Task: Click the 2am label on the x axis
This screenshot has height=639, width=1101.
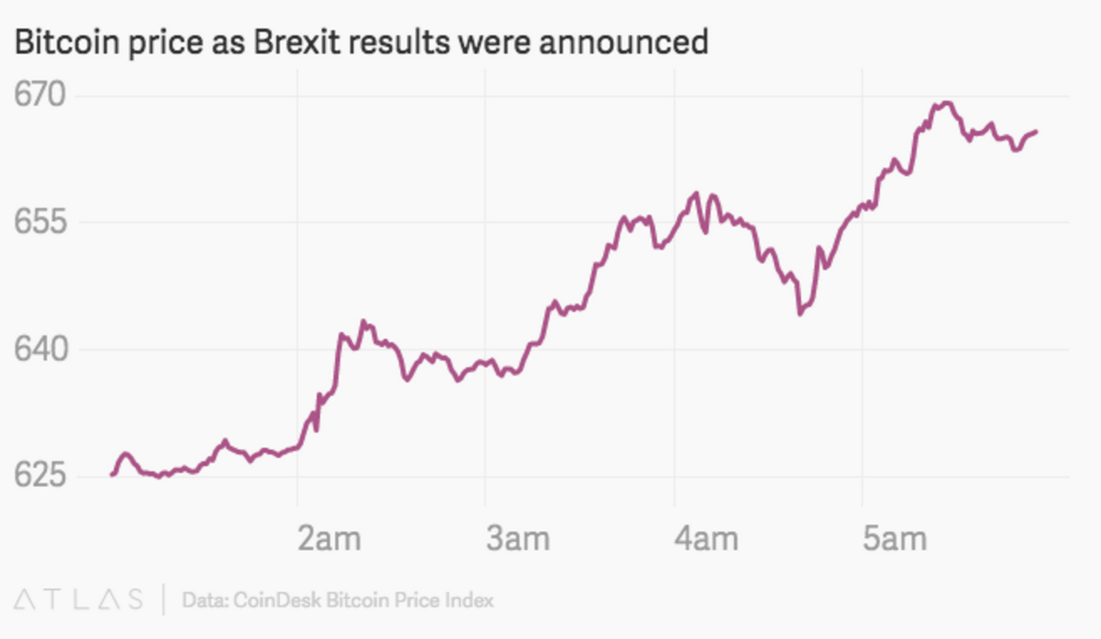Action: point(330,539)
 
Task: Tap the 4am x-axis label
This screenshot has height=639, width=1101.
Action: point(706,539)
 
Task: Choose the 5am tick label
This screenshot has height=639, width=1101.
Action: point(895,539)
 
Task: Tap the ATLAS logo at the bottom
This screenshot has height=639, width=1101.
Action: point(78,600)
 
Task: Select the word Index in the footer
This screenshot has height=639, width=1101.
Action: point(470,600)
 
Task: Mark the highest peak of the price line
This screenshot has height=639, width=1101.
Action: point(945,103)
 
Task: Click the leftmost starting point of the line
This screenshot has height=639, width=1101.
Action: point(112,474)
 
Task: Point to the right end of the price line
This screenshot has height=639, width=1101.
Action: point(1036,132)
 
